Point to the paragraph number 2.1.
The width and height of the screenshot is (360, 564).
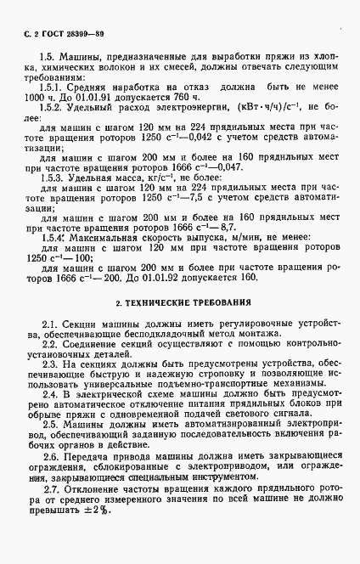[x=48, y=326]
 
